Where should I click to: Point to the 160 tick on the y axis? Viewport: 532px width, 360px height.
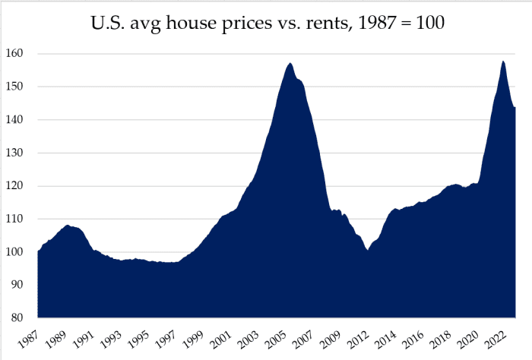(21, 54)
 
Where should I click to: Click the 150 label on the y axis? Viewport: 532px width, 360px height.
(21, 87)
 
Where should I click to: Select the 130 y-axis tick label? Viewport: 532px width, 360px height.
(21, 153)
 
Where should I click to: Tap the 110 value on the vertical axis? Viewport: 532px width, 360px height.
(21, 219)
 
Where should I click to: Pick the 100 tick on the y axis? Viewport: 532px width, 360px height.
(21, 251)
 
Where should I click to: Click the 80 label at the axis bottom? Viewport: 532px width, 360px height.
(23, 317)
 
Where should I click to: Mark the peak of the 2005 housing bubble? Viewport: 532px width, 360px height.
(290, 63)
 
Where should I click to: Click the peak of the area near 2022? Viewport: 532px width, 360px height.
(503, 61)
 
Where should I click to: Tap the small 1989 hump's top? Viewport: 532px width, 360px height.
(68, 225)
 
